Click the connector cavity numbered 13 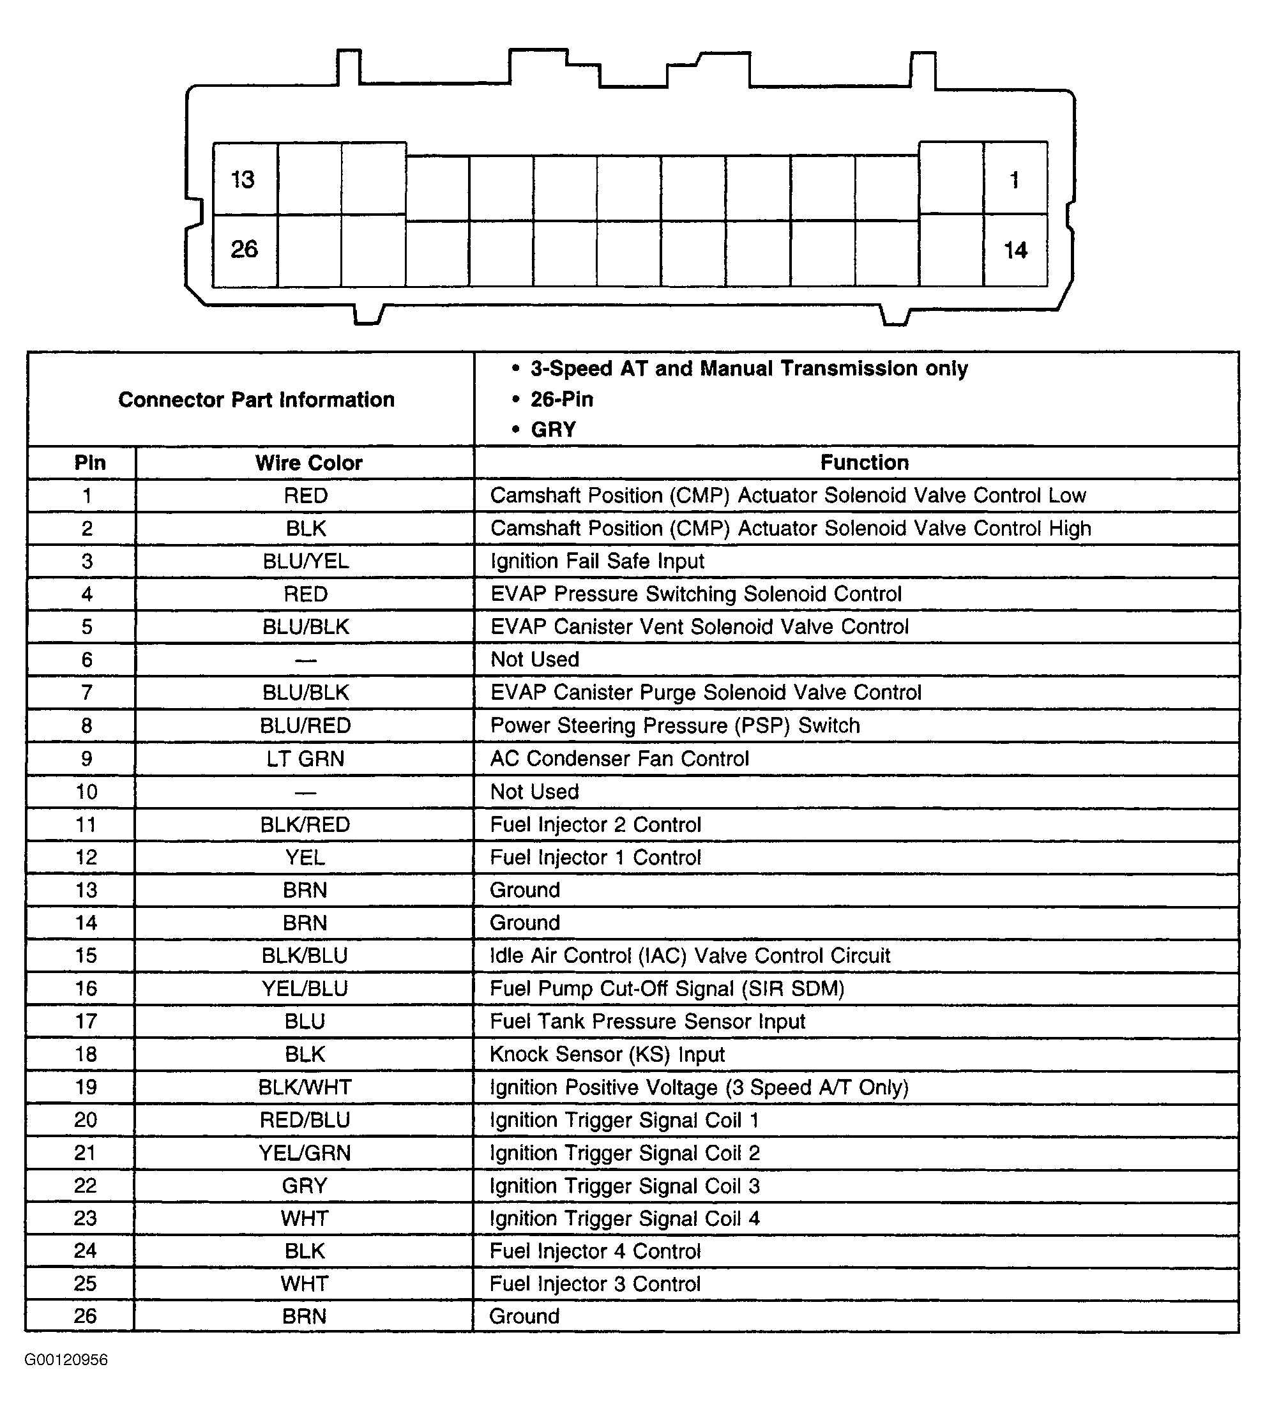244,179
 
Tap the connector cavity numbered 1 1015,180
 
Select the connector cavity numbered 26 244,250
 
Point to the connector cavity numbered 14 1015,250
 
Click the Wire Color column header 308,463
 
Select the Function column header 864,463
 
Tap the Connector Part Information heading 256,400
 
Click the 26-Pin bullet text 561,400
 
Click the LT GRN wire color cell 306,759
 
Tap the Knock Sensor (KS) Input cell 607,1054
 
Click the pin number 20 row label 86,1120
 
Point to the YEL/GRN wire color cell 305,1153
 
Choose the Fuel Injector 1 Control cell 595,858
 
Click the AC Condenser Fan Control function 619,759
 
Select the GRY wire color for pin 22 305,1186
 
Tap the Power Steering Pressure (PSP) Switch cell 675,725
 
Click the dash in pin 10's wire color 306,792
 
